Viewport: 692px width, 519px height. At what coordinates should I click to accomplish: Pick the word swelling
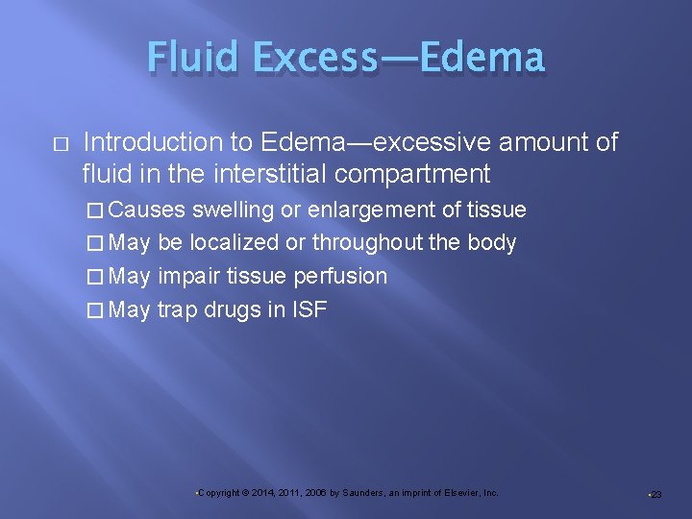[234, 210]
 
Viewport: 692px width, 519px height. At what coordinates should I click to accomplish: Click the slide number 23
[655, 494]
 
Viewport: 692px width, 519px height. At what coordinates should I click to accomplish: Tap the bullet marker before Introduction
[59, 144]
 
